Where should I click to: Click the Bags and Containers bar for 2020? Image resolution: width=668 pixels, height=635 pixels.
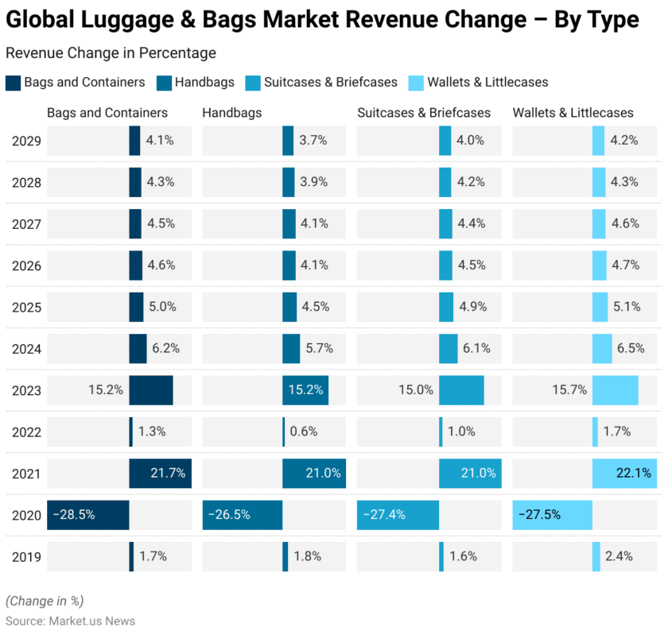tap(88, 514)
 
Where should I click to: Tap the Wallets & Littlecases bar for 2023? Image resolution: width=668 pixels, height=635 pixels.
tap(615, 390)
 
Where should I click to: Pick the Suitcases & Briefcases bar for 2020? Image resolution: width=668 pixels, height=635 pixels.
tap(398, 514)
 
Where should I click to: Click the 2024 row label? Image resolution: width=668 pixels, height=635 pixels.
tap(26, 348)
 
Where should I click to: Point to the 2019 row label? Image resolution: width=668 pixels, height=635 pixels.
tap(26, 556)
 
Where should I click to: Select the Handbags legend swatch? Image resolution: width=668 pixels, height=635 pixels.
tap(165, 82)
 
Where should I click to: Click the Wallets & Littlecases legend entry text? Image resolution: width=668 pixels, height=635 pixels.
tap(487, 82)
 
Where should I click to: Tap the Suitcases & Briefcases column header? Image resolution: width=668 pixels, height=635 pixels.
tap(424, 113)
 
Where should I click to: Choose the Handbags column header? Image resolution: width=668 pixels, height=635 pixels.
tap(232, 113)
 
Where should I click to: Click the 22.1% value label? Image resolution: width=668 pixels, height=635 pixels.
tap(634, 473)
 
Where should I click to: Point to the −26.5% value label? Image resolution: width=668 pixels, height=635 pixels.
tap(229, 514)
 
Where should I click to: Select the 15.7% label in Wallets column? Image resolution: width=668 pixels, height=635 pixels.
tap(569, 390)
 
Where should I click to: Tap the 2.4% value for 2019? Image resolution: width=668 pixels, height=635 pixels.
tap(619, 556)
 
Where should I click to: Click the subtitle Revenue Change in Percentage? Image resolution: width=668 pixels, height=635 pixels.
tap(111, 53)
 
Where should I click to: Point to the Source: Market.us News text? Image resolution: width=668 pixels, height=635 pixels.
tap(71, 621)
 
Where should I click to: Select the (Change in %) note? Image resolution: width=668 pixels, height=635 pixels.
tap(45, 600)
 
